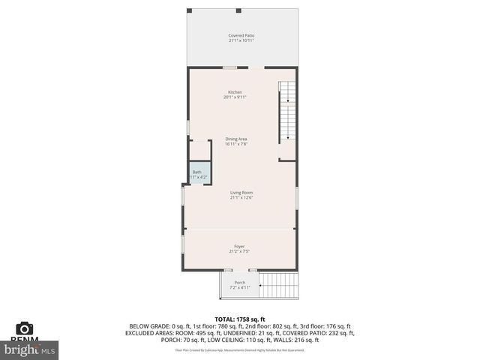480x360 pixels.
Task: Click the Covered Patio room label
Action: pyautogui.click(x=241, y=35)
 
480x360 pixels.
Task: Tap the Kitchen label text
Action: pyautogui.click(x=235, y=92)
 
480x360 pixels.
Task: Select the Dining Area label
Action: pyautogui.click(x=235, y=139)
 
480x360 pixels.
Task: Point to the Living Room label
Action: pyautogui.click(x=241, y=193)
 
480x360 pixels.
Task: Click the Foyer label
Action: pyautogui.click(x=239, y=246)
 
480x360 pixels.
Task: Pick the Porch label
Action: pyautogui.click(x=239, y=282)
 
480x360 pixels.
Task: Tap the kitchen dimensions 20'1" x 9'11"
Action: pyautogui.click(x=235, y=97)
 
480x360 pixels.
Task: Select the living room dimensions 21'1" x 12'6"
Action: pyautogui.click(x=241, y=198)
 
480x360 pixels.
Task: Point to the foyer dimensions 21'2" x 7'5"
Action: pyautogui.click(x=239, y=251)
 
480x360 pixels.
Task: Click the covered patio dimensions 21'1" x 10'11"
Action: pyautogui.click(x=241, y=40)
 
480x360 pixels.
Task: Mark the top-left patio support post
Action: pyautogui.click(x=189, y=10)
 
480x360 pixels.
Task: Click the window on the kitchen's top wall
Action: pyautogui.click(x=229, y=68)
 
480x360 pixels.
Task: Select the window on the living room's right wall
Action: pyautogui.click(x=297, y=197)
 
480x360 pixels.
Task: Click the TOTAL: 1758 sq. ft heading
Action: pyautogui.click(x=241, y=319)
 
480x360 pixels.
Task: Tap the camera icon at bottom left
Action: pyautogui.click(x=25, y=328)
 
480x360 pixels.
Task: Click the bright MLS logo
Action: pyautogui.click(x=30, y=349)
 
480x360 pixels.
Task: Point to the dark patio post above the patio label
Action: pyautogui.click(x=238, y=10)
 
